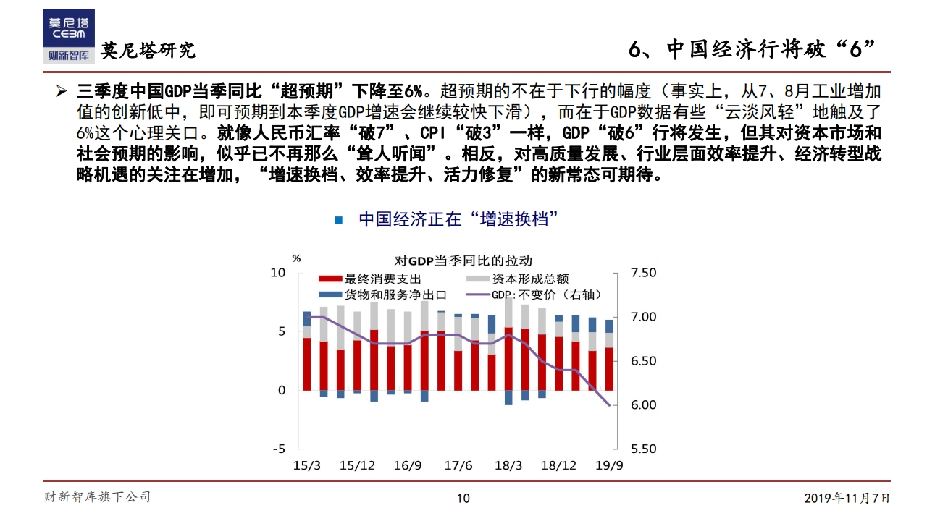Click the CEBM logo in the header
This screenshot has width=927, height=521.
point(68,35)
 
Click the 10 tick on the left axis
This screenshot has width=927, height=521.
point(278,273)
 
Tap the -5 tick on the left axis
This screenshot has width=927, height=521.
point(278,449)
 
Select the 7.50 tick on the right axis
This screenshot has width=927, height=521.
point(643,273)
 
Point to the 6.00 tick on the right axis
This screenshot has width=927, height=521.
point(643,404)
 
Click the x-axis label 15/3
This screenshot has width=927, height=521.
point(306,465)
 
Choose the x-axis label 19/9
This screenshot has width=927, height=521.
point(609,465)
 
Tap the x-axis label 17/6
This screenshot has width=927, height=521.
point(458,465)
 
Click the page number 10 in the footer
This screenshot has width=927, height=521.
point(463,498)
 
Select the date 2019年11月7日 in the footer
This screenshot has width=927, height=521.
point(847,498)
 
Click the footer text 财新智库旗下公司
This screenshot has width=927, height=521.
point(98,496)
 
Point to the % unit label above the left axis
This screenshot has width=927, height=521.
point(295,258)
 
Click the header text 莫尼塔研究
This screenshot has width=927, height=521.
point(148,51)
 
